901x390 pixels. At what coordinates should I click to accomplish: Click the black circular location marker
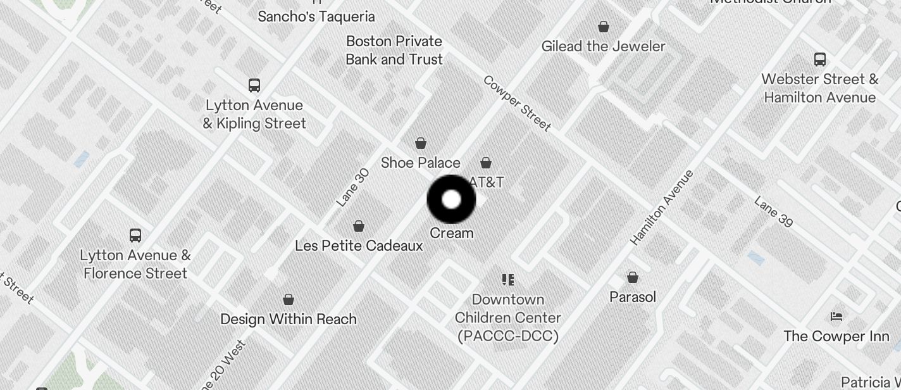tap(451, 199)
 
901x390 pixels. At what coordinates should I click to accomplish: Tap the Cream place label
tap(452, 233)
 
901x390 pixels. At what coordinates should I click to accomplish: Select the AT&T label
tap(487, 182)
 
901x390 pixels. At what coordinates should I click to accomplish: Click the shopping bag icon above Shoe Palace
tap(421, 144)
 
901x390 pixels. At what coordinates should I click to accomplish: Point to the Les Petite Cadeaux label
tap(359, 246)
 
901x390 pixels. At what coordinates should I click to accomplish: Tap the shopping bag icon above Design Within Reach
tap(289, 299)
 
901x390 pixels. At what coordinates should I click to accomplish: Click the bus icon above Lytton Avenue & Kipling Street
tap(254, 85)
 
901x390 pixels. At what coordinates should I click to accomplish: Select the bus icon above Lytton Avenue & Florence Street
tap(135, 236)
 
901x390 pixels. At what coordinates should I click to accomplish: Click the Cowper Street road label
tap(517, 103)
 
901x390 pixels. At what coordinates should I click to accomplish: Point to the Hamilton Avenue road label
tap(662, 208)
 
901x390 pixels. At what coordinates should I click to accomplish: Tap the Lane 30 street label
tap(352, 187)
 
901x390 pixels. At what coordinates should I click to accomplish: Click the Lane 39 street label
tap(773, 211)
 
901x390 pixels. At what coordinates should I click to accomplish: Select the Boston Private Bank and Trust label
tap(394, 51)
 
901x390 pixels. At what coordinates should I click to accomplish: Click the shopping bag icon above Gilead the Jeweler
tap(604, 27)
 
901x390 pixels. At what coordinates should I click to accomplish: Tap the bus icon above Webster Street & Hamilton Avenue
tap(820, 60)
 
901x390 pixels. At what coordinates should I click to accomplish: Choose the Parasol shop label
tap(633, 297)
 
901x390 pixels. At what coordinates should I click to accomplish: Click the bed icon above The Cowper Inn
tap(836, 317)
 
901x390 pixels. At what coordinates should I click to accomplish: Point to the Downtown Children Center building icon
tap(507, 279)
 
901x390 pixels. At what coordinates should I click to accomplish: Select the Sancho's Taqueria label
tap(316, 16)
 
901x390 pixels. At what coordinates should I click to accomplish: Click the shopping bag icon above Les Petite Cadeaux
tap(359, 226)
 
